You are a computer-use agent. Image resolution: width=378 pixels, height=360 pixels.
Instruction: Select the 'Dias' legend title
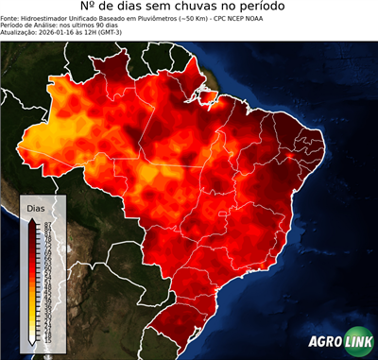click(x=37, y=206)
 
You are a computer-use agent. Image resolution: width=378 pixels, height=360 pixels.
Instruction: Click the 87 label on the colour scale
click(x=46, y=223)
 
